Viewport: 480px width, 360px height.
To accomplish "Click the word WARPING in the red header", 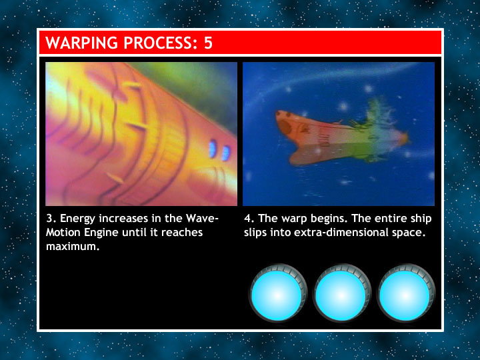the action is click(x=82, y=43).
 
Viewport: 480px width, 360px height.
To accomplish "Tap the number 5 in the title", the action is click(x=208, y=43).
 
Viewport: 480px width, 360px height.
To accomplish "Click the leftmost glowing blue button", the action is click(x=277, y=295).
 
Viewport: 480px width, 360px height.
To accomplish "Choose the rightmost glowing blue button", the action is click(x=405, y=295).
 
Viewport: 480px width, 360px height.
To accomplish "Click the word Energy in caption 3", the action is click(x=77, y=219).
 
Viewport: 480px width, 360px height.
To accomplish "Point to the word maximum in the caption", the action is click(x=73, y=247).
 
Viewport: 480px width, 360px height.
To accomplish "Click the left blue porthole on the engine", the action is click(x=213, y=149).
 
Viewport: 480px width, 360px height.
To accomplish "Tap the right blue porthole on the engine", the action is click(x=226, y=153).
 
